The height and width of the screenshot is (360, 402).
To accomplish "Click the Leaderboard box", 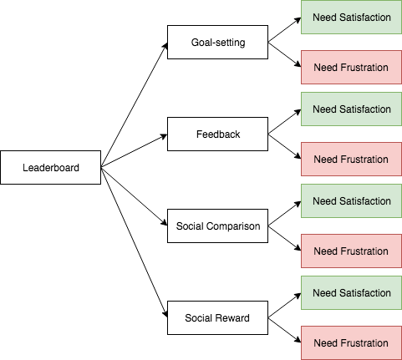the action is pyautogui.click(x=51, y=167).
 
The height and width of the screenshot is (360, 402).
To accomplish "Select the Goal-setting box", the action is pyautogui.click(x=217, y=42).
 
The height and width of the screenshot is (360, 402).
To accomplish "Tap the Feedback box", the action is pyautogui.click(x=217, y=134).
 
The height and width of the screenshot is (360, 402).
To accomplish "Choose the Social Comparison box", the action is pyautogui.click(x=217, y=226).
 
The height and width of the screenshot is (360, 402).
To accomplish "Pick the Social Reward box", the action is pyautogui.click(x=217, y=317).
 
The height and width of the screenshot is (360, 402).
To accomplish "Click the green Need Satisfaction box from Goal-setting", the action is pyautogui.click(x=351, y=17).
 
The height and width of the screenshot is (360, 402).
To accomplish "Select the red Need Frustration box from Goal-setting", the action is pyautogui.click(x=351, y=67).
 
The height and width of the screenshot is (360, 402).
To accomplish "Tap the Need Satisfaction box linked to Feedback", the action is pyautogui.click(x=351, y=109).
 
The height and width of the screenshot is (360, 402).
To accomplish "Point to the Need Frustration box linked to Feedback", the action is pyautogui.click(x=351, y=159).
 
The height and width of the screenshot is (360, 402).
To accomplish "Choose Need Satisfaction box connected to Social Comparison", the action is pyautogui.click(x=351, y=200).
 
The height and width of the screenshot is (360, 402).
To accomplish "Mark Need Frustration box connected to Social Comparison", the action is pyautogui.click(x=351, y=251).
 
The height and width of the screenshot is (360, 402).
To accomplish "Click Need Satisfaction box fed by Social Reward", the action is pyautogui.click(x=351, y=292).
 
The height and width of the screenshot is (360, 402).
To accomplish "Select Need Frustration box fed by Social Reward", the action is pyautogui.click(x=351, y=342).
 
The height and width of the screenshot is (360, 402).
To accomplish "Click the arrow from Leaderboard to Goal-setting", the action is pyautogui.click(x=134, y=104).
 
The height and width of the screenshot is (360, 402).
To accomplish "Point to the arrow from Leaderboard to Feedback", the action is pyautogui.click(x=134, y=150).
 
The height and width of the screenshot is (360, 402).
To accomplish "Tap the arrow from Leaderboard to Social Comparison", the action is pyautogui.click(x=134, y=196).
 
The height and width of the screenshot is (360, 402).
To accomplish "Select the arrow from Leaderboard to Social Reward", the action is pyautogui.click(x=134, y=242).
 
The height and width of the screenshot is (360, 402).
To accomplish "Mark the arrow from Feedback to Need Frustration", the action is pyautogui.click(x=284, y=146).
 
